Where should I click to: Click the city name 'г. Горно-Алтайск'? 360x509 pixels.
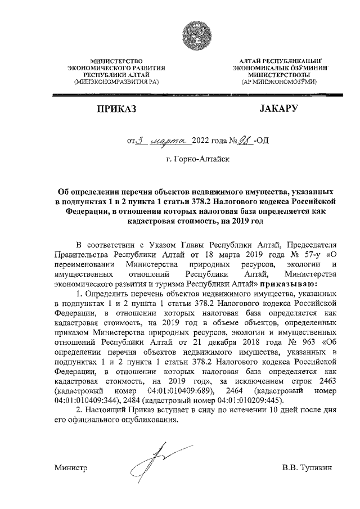194,160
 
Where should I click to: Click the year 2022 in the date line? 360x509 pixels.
201,140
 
